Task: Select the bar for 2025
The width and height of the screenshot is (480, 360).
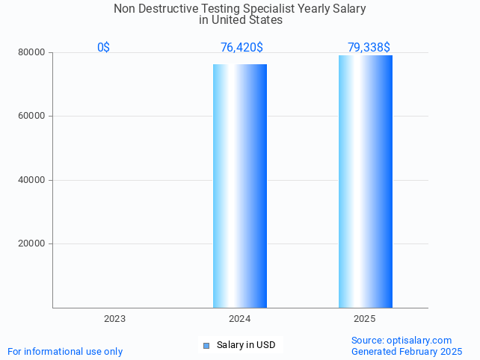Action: [x=365, y=181]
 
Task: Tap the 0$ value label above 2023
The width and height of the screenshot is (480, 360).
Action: [x=103, y=47]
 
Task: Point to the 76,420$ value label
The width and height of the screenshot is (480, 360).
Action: [x=241, y=47]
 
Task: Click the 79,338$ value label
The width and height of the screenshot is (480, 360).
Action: [x=369, y=47]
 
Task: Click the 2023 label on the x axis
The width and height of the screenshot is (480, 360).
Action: [x=114, y=319]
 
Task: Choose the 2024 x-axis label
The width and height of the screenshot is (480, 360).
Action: [x=239, y=319]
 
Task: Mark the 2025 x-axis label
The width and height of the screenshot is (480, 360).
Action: [x=364, y=319]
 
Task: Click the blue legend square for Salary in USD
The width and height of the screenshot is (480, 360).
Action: [x=207, y=345]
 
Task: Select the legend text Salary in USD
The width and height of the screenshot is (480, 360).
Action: [x=246, y=345]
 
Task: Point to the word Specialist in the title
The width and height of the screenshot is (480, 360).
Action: [x=275, y=9]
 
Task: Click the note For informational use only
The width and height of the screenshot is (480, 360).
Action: [x=65, y=351]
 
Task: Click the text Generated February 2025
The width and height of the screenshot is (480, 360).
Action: [x=407, y=351]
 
